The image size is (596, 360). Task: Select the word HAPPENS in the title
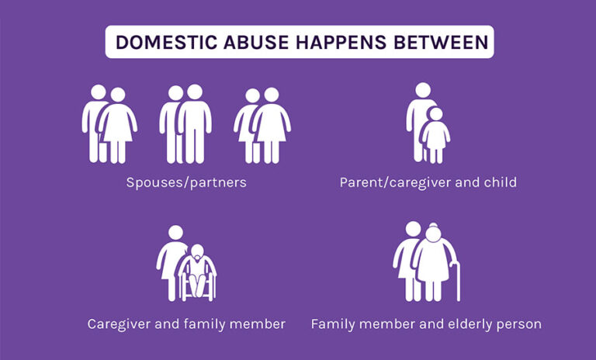point(343,42)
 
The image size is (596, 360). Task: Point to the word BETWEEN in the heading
point(442,42)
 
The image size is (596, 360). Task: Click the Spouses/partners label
point(186,183)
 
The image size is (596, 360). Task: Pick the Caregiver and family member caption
point(186,324)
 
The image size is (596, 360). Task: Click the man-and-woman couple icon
point(109,124)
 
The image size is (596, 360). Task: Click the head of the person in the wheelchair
point(199,252)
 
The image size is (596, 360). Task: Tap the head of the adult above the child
point(420,91)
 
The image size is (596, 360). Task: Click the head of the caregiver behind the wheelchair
point(175,232)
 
